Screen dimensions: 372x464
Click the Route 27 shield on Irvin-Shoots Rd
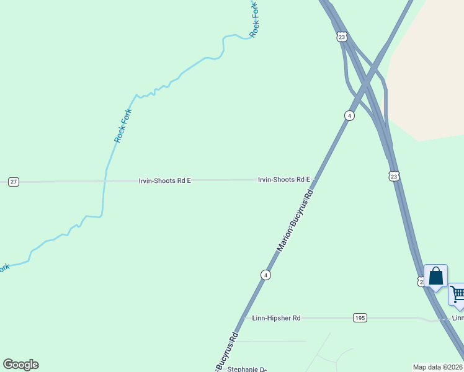14,182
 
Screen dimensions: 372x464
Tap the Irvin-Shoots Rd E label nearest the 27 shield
164,180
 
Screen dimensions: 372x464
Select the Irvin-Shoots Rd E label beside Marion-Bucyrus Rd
283,180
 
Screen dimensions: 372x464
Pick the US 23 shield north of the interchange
342,37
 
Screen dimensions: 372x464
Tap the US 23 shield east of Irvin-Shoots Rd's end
395,177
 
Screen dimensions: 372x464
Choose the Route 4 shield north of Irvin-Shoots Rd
349,116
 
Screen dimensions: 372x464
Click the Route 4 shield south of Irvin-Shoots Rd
265,275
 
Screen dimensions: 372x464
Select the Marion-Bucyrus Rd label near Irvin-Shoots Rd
295,221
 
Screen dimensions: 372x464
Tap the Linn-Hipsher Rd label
276,318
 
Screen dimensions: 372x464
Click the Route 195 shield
360,317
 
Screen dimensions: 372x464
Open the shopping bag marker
435,277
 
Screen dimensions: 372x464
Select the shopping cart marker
458,294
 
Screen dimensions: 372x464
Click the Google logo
20,365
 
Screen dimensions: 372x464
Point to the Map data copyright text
438,366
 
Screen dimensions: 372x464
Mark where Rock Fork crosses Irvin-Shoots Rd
105,181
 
